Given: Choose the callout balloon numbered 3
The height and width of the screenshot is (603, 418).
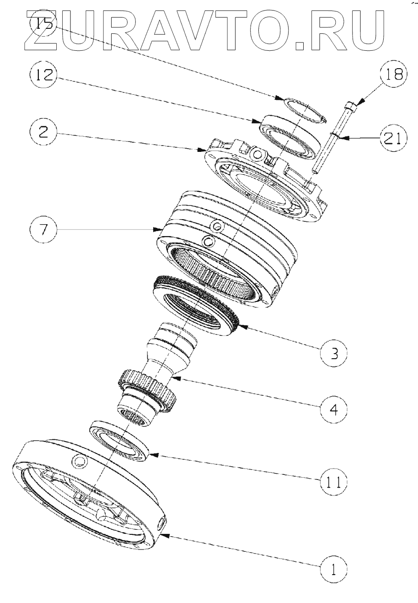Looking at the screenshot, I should pyautogui.click(x=334, y=353).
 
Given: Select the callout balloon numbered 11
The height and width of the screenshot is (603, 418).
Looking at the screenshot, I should pyautogui.click(x=334, y=482).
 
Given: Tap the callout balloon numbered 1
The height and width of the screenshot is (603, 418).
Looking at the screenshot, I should pyautogui.click(x=334, y=569).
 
